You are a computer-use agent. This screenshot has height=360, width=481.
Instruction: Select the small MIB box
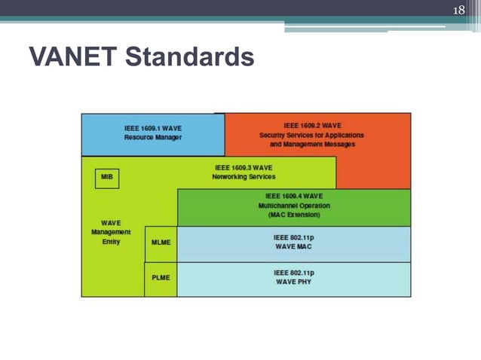click(107, 178)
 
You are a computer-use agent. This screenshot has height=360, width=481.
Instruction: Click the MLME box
click(161, 243)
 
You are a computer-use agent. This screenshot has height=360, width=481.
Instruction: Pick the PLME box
click(161, 277)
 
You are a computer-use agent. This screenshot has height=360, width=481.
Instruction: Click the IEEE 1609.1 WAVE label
click(153, 129)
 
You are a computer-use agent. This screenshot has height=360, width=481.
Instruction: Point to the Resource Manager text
click(153, 138)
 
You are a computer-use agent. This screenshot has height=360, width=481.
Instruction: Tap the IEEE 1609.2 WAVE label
click(311, 126)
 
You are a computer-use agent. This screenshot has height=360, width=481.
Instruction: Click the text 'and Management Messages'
click(311, 144)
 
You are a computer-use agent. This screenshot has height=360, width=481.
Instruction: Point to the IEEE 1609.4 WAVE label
click(293, 196)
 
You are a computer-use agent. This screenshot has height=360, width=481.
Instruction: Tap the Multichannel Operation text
click(293, 206)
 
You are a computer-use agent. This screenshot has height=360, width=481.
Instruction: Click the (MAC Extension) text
click(293, 215)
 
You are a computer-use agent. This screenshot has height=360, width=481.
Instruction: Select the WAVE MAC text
click(293, 247)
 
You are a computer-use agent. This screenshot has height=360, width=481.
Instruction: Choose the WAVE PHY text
click(293, 282)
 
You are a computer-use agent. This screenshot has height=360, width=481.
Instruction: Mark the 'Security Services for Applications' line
click(311, 135)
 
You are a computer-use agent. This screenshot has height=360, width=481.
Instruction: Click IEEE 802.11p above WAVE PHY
click(293, 272)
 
